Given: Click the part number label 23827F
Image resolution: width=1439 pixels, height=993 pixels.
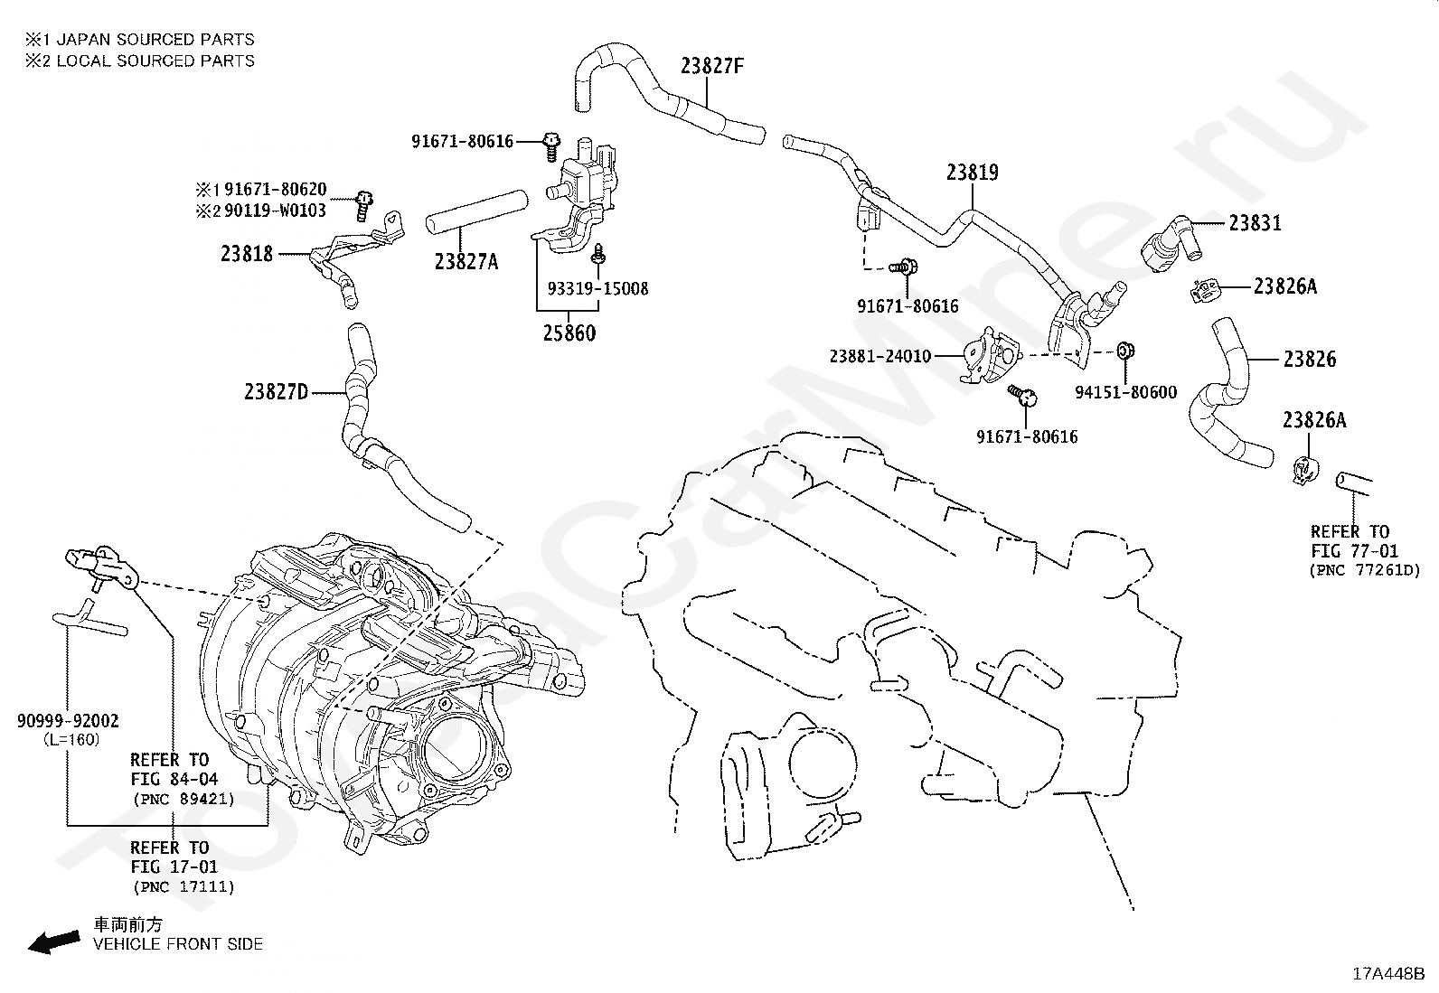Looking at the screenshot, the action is (711, 66).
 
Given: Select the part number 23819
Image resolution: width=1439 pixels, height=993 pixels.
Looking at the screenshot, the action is (972, 173).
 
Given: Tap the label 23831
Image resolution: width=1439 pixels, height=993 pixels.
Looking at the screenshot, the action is (1255, 223).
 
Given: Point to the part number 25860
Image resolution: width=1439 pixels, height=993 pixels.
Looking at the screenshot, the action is (569, 333).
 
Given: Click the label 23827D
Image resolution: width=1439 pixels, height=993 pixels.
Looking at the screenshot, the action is (277, 392).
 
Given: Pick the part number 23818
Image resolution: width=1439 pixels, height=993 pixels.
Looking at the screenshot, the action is (247, 254).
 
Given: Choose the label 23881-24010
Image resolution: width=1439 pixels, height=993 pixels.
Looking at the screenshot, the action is (880, 356).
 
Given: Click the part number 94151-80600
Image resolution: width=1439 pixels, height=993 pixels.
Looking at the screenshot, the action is (1125, 392).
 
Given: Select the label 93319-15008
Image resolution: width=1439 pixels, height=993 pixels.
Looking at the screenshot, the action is (597, 288).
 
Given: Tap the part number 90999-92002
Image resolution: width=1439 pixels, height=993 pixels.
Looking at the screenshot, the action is (68, 721).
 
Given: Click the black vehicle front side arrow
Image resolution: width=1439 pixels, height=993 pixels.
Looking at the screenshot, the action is (54, 941).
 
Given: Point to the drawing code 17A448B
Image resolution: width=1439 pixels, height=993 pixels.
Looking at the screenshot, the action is (1388, 974).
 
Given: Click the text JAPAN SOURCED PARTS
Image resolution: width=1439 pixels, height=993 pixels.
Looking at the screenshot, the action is (155, 40).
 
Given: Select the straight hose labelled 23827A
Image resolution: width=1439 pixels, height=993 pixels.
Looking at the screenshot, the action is (476, 212).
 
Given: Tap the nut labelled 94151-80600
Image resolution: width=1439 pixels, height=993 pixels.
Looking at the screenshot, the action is (1125, 351).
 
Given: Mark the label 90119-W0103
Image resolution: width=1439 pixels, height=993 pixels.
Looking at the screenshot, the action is (275, 211).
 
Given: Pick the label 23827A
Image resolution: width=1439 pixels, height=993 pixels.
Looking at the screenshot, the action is (466, 261).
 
